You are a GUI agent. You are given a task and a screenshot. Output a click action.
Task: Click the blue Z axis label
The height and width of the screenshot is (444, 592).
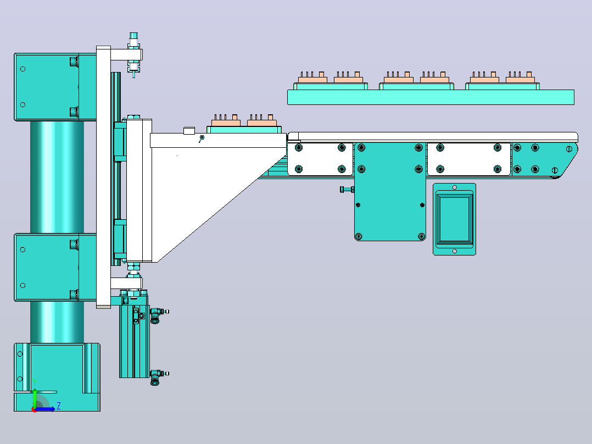[x=59, y=406]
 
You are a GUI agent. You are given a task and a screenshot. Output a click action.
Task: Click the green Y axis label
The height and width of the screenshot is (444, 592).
[x=35, y=382]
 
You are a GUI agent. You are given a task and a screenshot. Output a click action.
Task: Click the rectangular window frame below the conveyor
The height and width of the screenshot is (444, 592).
[x=454, y=219]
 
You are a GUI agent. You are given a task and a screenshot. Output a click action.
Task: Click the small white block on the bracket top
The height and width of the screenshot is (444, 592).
[x=189, y=131]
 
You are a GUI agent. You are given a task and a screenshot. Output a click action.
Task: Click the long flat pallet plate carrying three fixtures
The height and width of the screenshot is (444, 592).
[x=431, y=97]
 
